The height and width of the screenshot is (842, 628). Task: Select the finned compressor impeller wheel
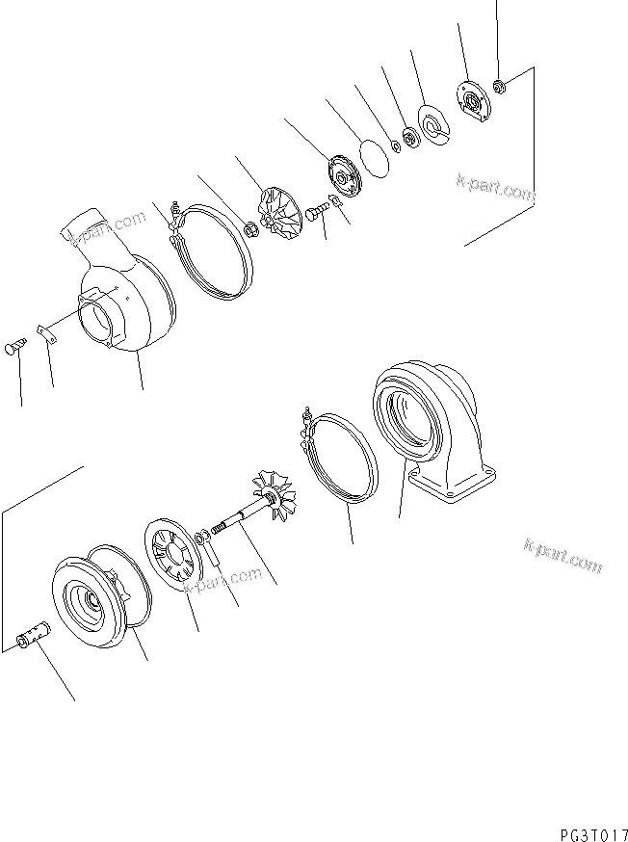click(282, 210)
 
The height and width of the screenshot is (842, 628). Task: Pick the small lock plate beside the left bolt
click(43, 333)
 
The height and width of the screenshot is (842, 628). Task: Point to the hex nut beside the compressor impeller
click(249, 229)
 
